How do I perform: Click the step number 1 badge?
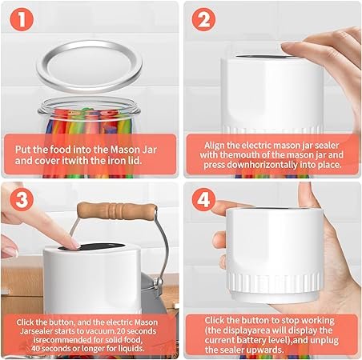[x=22, y=19]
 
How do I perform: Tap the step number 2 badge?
[x=203, y=19]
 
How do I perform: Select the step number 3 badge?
[x=22, y=199]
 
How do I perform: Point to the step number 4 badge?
[x=203, y=199]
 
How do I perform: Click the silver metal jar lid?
[x=89, y=66]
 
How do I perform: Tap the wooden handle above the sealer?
[x=117, y=210]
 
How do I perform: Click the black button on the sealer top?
[x=91, y=246]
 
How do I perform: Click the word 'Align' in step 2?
[x=214, y=146]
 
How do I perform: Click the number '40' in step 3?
[x=35, y=348]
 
